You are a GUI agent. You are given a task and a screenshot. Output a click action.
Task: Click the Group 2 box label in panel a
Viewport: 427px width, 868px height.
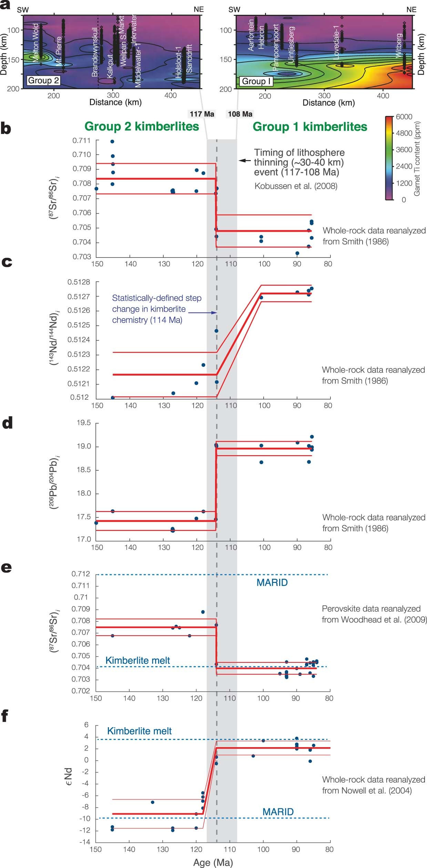coord(43,81)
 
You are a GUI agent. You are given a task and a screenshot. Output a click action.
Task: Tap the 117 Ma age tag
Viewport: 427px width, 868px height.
coord(202,114)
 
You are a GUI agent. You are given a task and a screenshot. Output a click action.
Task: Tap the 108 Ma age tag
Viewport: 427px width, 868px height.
coord(240,114)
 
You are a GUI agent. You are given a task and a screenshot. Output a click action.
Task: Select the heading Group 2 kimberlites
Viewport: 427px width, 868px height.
coord(142,126)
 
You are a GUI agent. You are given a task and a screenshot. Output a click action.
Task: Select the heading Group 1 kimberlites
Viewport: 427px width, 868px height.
coord(310,127)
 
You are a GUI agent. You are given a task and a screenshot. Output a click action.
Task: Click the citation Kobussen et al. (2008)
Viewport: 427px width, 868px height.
coord(296,186)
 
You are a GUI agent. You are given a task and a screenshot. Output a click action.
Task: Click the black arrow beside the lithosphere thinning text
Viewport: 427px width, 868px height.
coord(245,160)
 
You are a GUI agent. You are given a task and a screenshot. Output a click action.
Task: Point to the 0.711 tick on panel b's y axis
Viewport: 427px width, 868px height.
coord(82,140)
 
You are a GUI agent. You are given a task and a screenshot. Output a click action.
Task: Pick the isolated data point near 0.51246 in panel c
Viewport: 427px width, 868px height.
coord(216,331)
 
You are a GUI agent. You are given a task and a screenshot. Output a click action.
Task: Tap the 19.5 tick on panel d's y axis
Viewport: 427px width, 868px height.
coord(83,423)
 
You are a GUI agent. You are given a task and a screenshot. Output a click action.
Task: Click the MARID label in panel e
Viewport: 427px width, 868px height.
coord(272,583)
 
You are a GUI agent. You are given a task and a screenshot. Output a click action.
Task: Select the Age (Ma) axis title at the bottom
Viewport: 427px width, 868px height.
coord(213,862)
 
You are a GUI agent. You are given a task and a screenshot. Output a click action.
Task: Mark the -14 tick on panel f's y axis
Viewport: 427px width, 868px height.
coord(84,842)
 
